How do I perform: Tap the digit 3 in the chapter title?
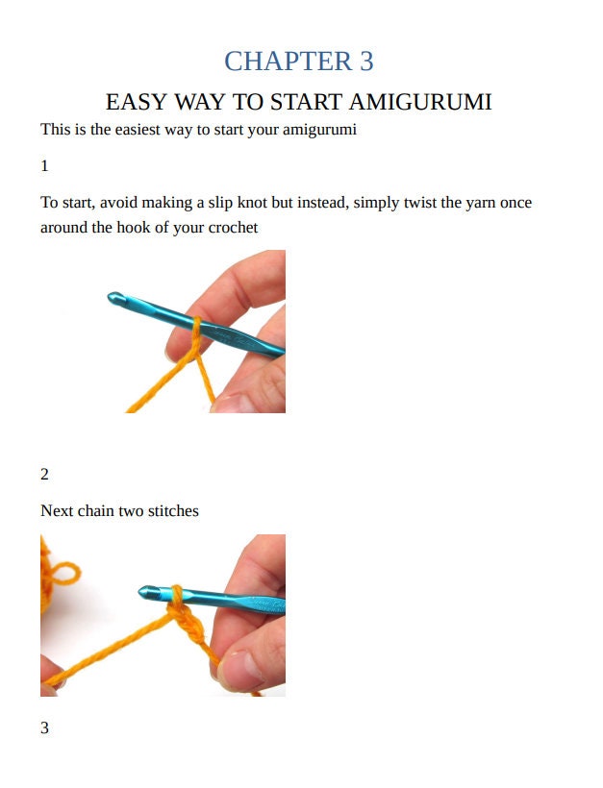coord(366,61)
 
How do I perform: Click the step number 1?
coord(44,165)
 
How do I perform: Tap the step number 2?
coord(44,474)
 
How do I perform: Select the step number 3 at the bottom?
coord(44,727)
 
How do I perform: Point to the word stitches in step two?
coord(173,510)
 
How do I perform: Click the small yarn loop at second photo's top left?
coord(63,574)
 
